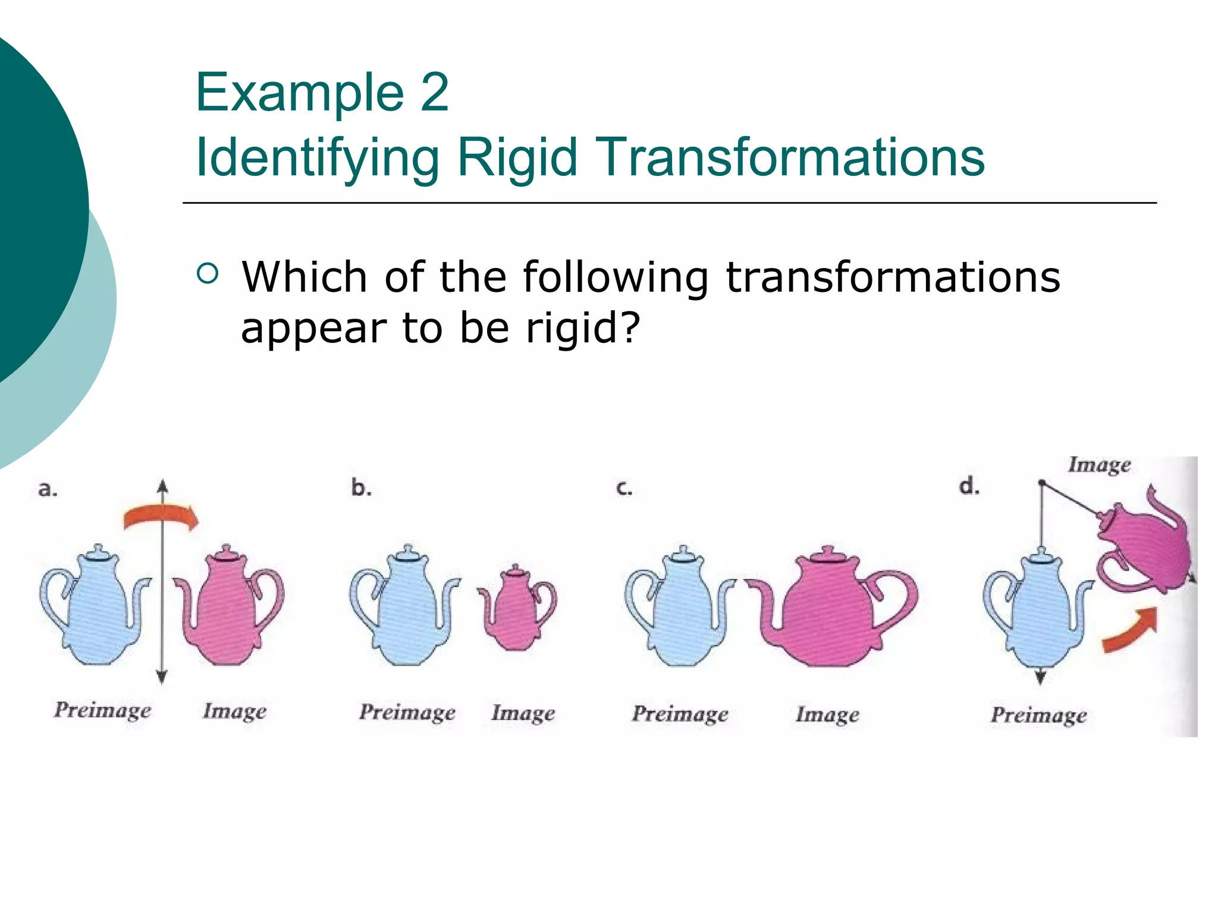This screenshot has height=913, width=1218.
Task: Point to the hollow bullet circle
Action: pyautogui.click(x=207, y=273)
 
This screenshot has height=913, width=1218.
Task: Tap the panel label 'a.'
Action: pyautogui.click(x=48, y=489)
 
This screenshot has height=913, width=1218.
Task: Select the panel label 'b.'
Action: pyautogui.click(x=361, y=488)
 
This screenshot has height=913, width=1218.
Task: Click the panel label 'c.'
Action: pyautogui.click(x=624, y=488)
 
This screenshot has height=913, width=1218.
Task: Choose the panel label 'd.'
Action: pyautogui.click(x=969, y=486)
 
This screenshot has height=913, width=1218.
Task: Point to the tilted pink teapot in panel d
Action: pyautogui.click(x=1145, y=547)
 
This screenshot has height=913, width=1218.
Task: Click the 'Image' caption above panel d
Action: pyautogui.click(x=1099, y=464)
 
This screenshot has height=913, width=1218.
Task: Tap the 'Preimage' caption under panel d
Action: pyautogui.click(x=1038, y=714)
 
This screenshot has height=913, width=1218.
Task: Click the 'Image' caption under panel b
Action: pyautogui.click(x=523, y=713)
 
